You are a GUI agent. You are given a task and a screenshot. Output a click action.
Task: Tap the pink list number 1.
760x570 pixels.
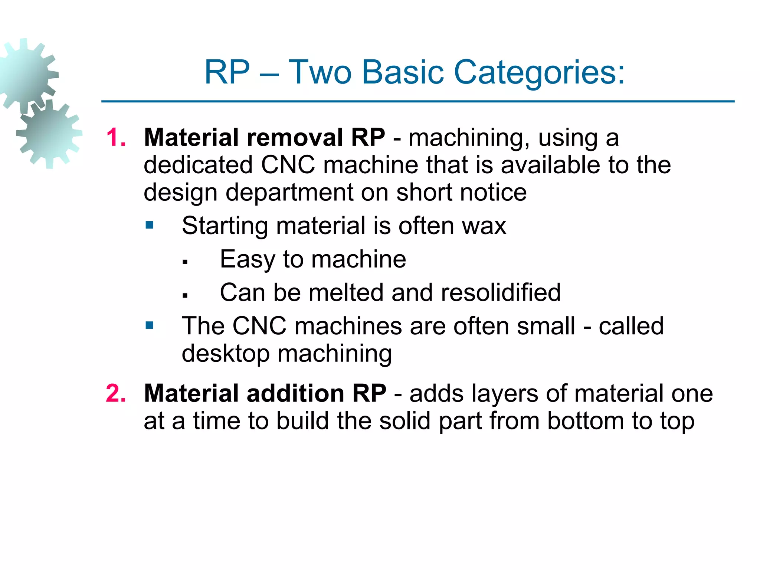click(116, 138)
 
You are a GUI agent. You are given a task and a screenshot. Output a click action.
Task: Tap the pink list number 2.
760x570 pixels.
click(116, 393)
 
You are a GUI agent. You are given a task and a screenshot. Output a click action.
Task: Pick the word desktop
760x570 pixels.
click(225, 354)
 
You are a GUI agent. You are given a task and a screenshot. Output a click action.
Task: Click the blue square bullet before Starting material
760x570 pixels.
click(150, 225)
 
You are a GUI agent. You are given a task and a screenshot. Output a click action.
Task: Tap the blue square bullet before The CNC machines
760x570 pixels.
click(150, 325)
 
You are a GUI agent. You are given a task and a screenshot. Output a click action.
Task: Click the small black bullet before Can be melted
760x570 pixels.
click(185, 296)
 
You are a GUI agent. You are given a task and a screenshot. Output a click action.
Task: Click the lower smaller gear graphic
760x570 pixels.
click(49, 134)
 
